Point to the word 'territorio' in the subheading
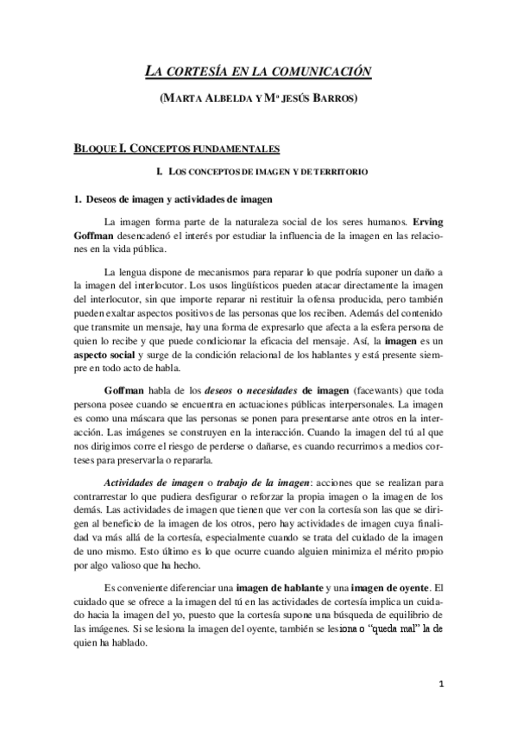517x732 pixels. [x=344, y=173]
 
